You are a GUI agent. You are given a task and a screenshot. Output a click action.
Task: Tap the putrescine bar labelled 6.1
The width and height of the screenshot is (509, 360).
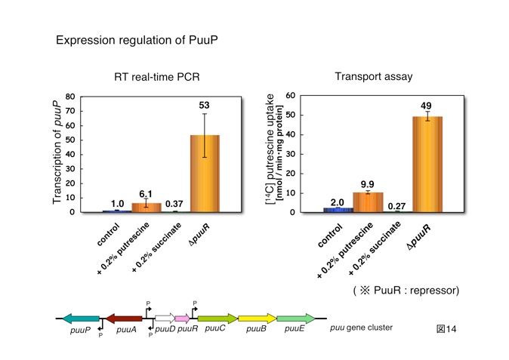click(x=146, y=208)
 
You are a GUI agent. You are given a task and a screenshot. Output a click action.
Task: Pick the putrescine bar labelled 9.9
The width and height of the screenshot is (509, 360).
click(x=368, y=203)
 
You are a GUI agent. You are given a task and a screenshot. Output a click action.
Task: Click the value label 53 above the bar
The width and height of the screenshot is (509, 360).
click(x=204, y=105)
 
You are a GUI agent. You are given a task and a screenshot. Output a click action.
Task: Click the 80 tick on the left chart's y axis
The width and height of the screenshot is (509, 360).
click(x=70, y=97)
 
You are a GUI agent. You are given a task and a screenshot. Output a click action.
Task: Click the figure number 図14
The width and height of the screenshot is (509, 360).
click(x=447, y=331)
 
